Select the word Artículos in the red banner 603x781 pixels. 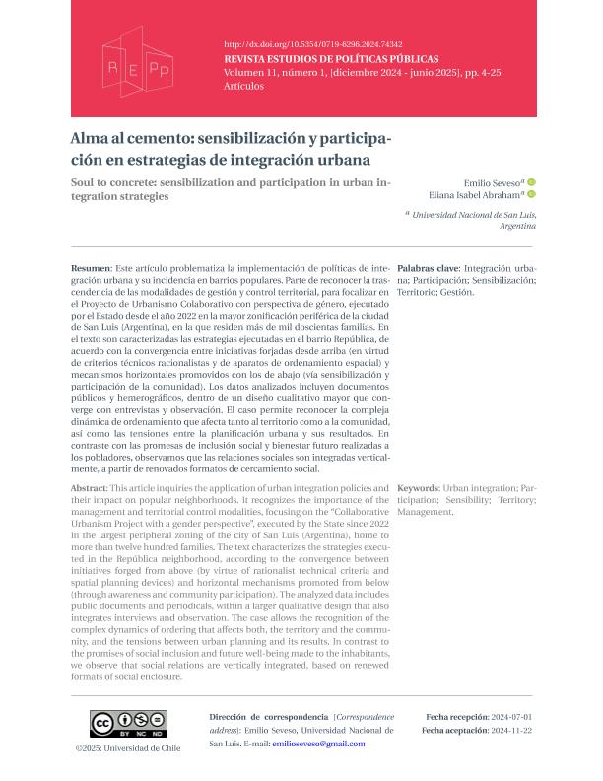point(244,86)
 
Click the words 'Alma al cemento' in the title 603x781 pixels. point(126,140)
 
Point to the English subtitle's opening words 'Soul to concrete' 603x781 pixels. point(116,182)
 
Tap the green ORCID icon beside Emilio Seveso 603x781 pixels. point(532,182)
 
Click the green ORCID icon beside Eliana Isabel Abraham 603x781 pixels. point(532,195)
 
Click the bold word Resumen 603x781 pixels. point(91,268)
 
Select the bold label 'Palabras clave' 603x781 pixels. point(428,268)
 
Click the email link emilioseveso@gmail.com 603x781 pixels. point(318,744)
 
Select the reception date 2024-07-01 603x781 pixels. point(513,716)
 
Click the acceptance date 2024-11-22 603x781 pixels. point(513,730)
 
